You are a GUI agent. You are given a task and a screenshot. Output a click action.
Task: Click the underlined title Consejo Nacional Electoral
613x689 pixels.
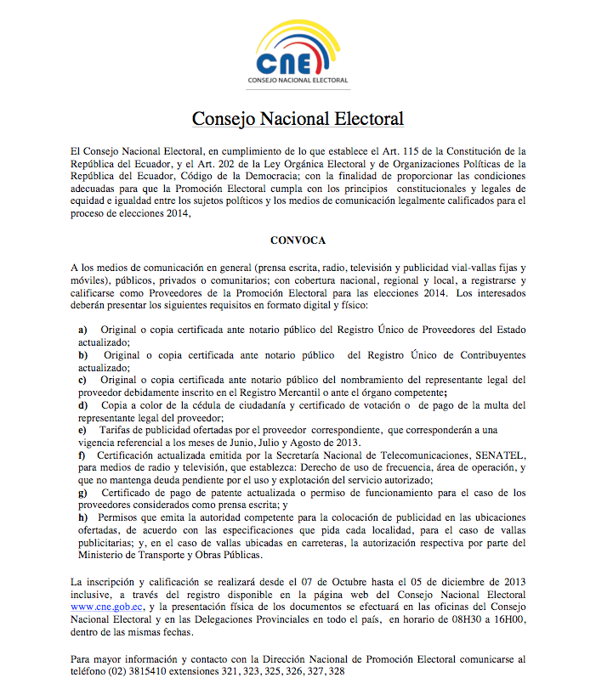point(298,118)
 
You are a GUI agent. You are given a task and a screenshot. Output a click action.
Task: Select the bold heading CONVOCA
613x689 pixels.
point(298,240)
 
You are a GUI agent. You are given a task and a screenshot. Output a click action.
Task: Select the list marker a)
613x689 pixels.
point(82,329)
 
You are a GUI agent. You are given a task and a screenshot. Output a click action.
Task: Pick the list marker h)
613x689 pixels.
point(82,517)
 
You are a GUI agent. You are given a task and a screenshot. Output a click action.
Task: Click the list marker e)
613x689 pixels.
point(82,431)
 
